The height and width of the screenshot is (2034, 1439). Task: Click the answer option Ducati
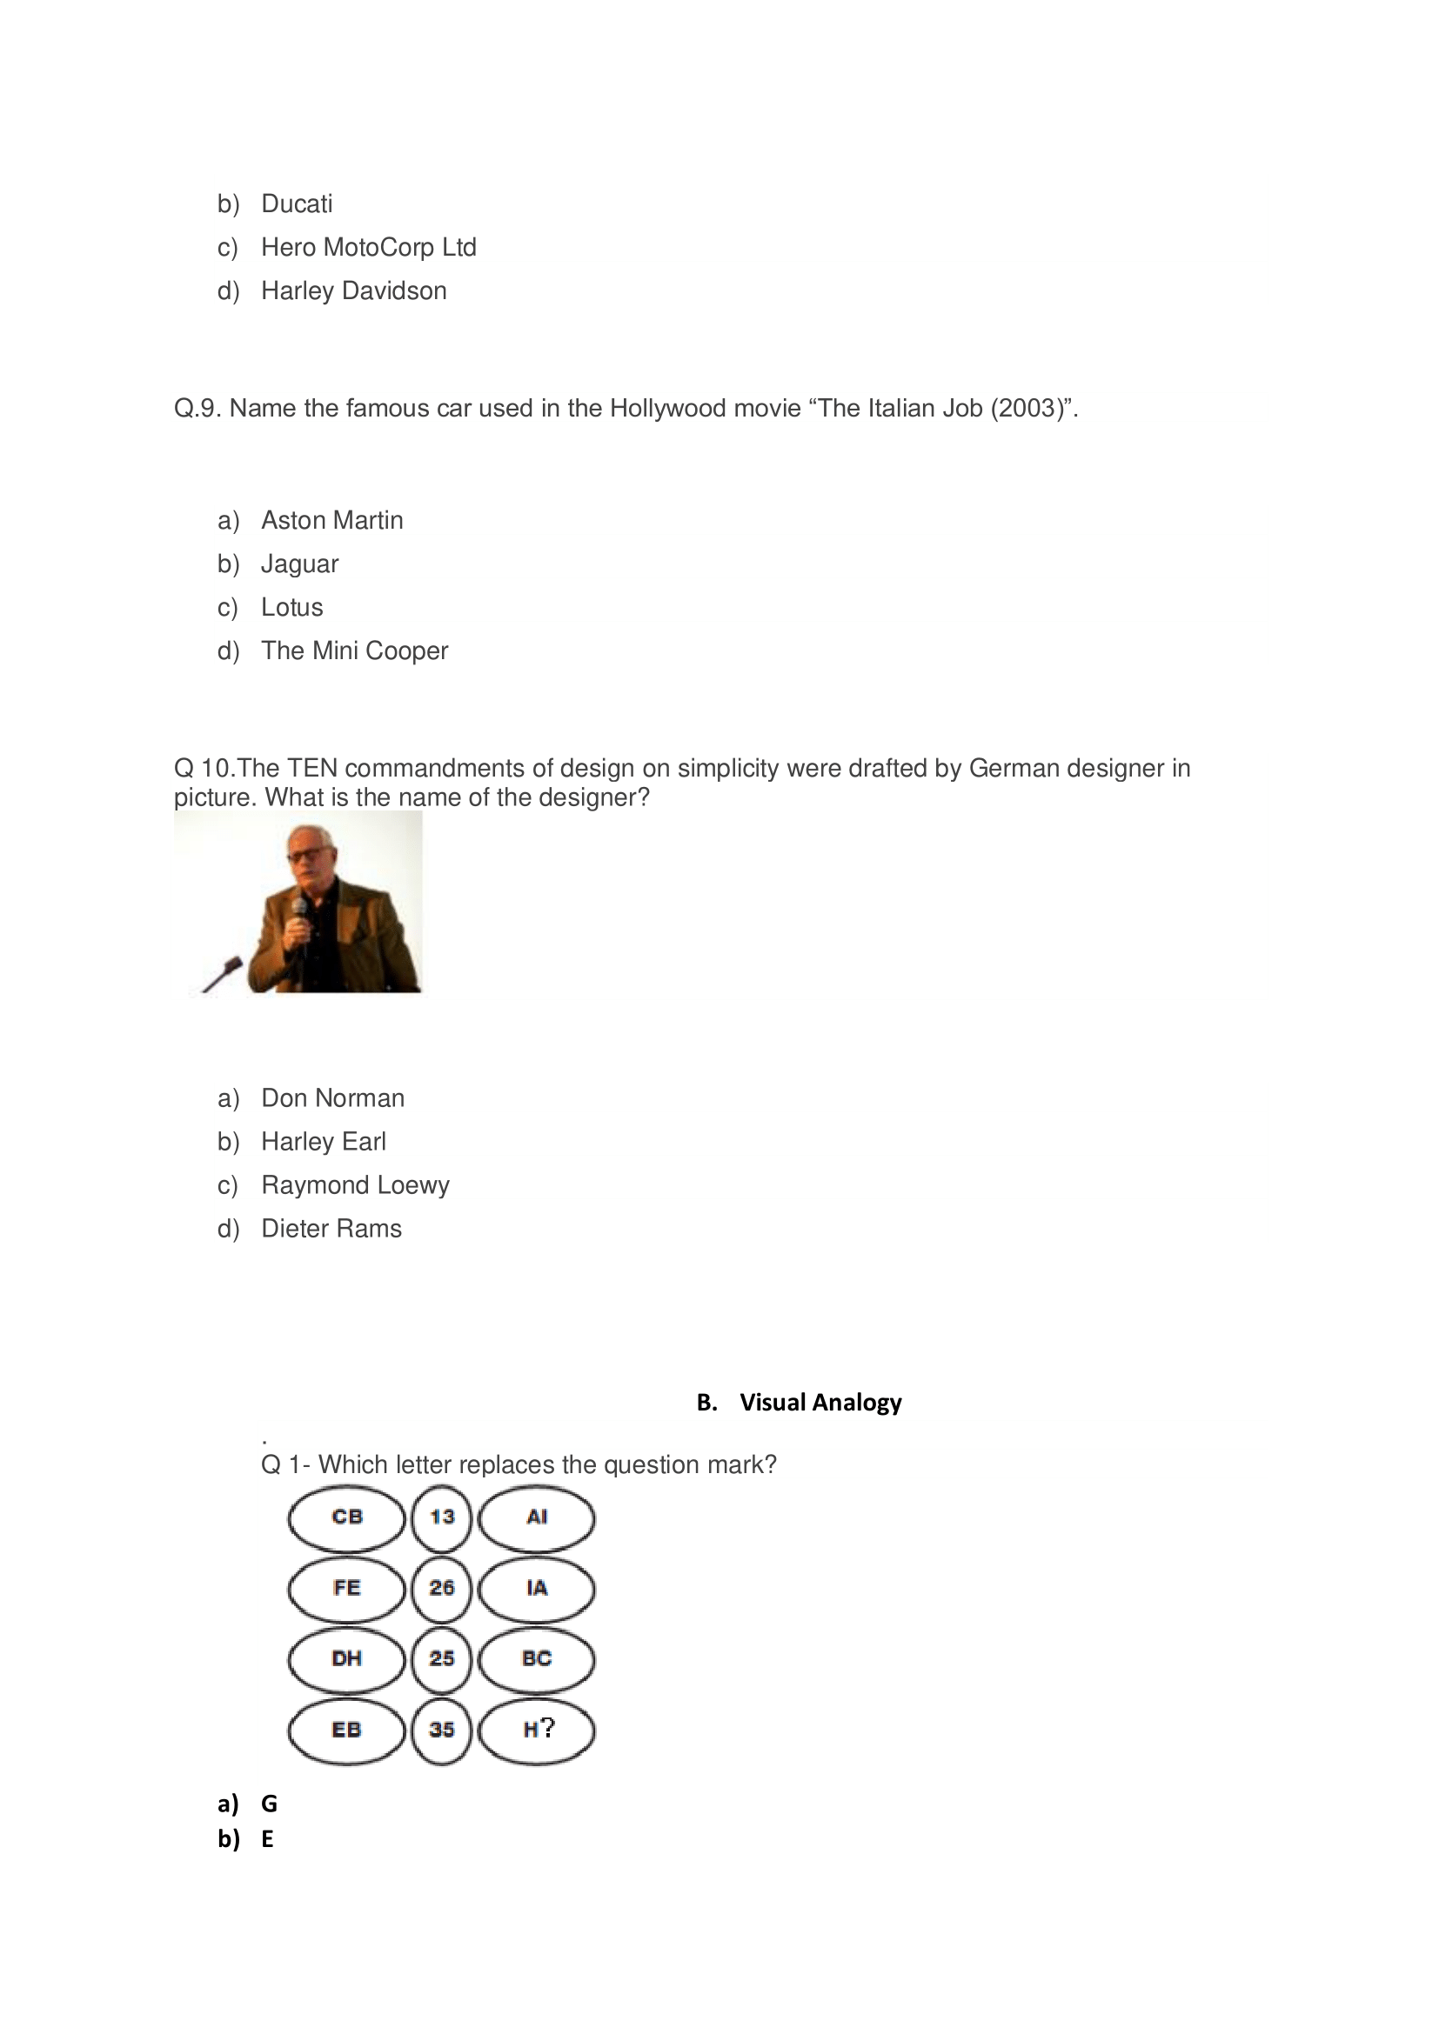point(296,203)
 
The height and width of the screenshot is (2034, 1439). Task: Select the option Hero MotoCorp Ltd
point(368,247)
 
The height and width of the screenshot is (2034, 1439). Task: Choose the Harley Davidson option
point(352,290)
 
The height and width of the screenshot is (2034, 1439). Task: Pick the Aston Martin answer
point(331,520)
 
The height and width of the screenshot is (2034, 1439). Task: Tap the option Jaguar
point(299,564)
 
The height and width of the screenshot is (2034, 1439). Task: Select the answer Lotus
point(291,607)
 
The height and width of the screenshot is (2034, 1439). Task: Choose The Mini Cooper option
point(354,650)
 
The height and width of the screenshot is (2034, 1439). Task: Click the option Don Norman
point(332,1097)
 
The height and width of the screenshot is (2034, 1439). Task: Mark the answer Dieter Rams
point(331,1228)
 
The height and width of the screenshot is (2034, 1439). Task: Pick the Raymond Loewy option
point(354,1184)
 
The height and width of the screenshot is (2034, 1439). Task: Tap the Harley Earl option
point(324,1141)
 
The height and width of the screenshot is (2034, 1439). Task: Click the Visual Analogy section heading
point(820,1402)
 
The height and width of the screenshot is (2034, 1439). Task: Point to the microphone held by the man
point(300,910)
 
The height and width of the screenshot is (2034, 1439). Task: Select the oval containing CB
point(346,1517)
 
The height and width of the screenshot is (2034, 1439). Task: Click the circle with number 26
point(441,1588)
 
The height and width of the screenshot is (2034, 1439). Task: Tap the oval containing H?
point(537,1729)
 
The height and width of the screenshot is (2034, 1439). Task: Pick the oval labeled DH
point(346,1657)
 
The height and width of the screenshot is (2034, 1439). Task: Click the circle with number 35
point(441,1729)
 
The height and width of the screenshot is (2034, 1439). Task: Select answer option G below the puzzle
point(269,1803)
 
